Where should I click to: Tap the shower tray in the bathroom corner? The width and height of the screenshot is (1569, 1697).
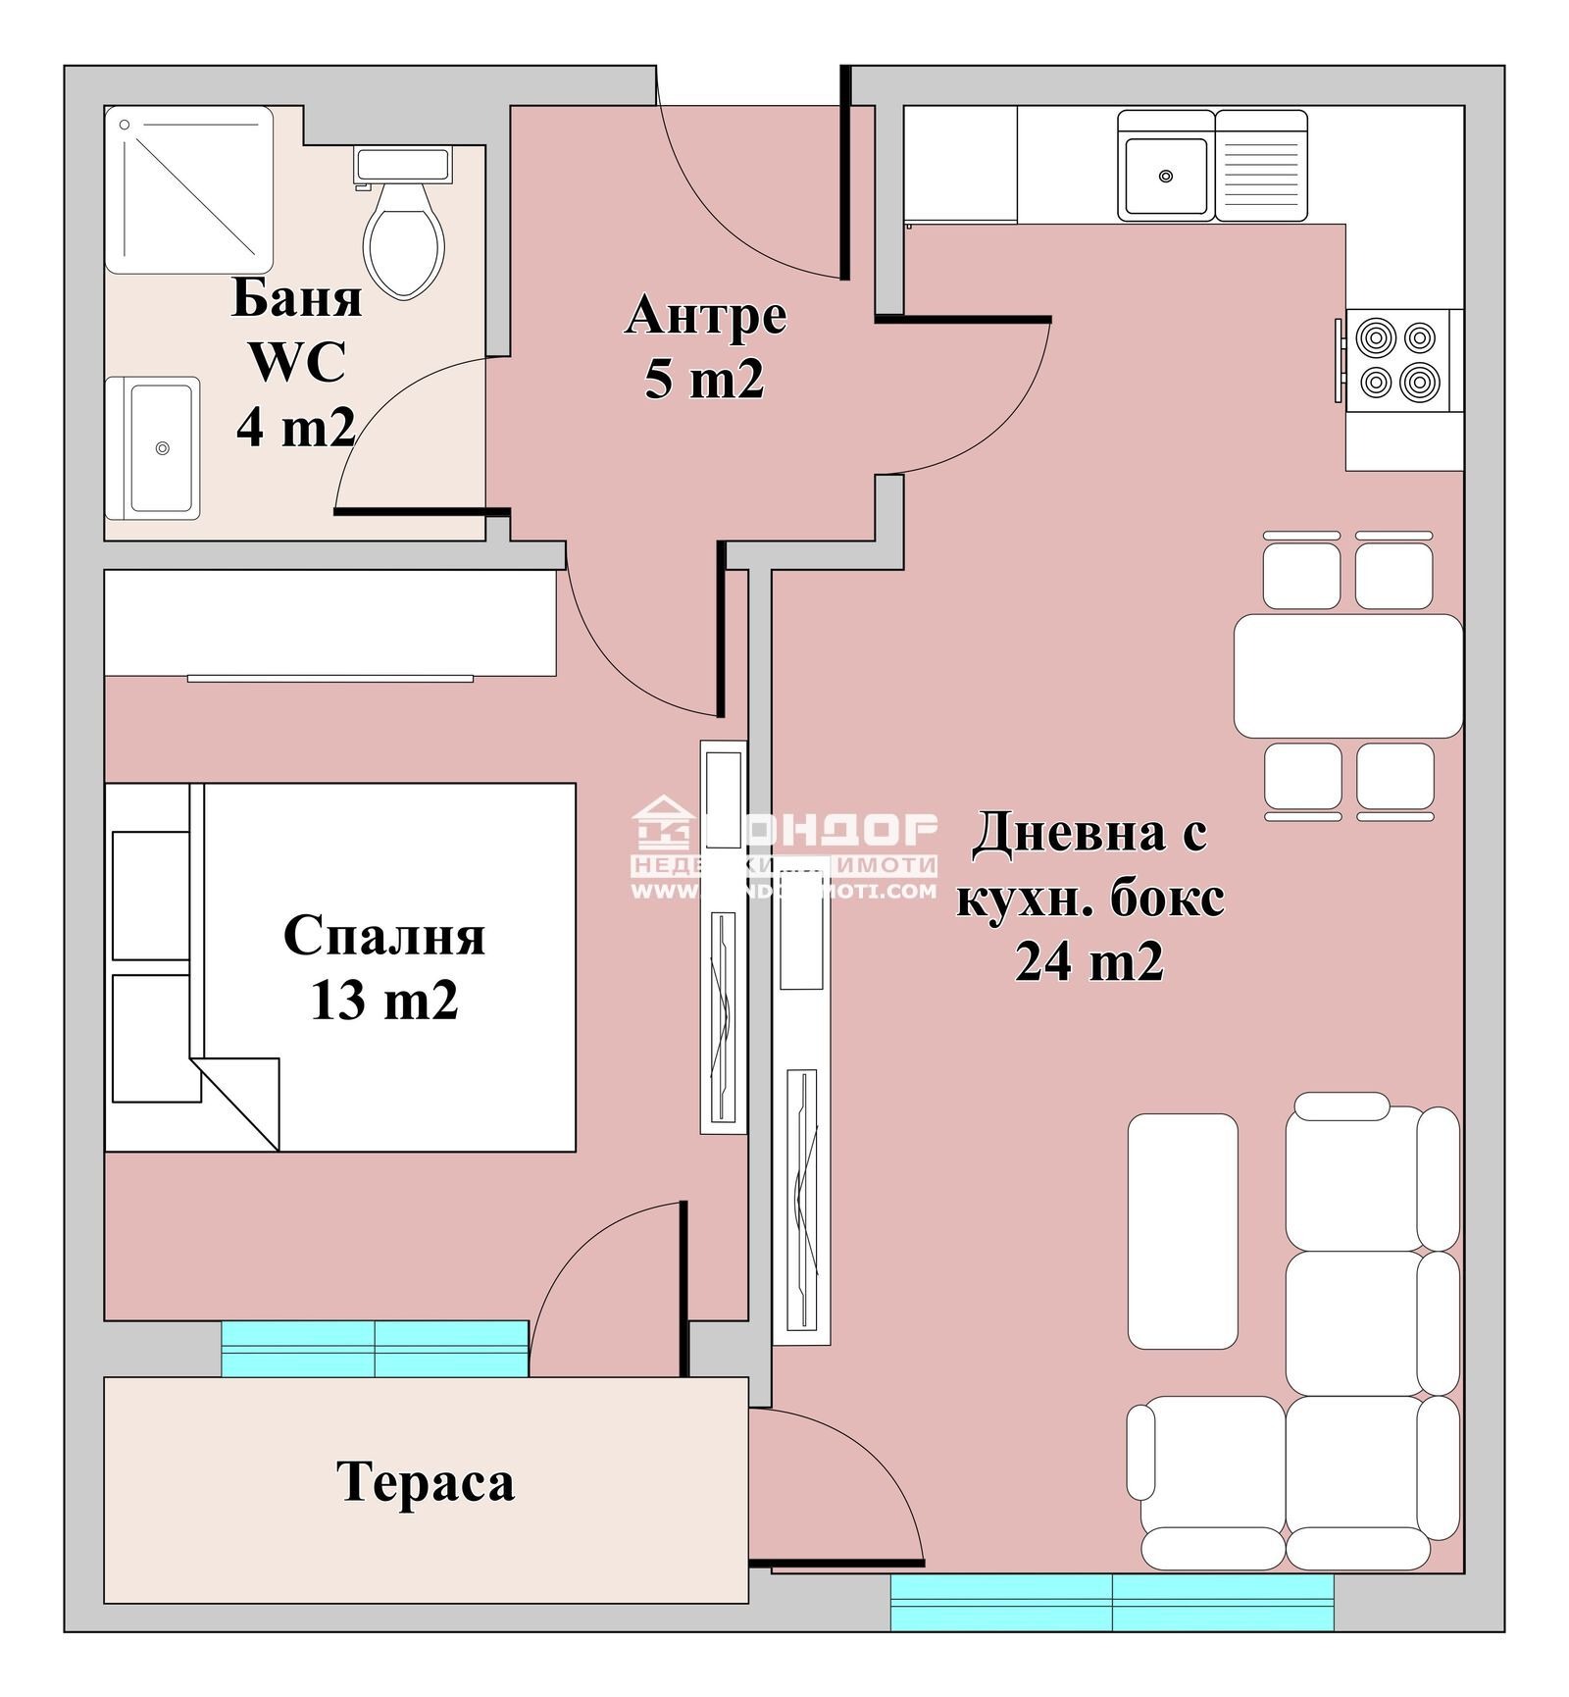188,189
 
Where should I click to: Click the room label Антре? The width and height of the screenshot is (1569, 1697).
705,316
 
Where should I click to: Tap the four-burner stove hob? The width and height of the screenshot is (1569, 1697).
1396,360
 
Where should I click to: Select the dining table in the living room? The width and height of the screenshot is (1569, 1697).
1347,676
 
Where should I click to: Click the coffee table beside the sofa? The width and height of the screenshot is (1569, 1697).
1182,1231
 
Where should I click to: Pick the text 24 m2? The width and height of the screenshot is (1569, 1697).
1088,962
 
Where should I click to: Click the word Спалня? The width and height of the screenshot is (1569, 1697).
383,936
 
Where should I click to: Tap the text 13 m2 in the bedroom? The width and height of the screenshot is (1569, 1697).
383,1001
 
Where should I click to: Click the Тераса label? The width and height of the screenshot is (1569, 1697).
425,1482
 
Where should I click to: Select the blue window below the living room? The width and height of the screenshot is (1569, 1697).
1111,1602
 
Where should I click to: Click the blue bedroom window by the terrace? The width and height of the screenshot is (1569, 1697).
375,1348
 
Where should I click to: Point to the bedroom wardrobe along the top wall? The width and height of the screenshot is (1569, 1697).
329,623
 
